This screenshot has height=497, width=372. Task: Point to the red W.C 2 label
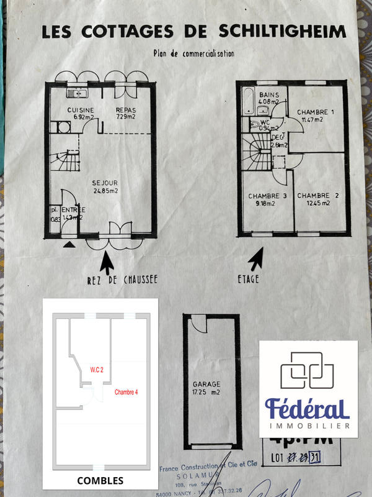pos(97,370)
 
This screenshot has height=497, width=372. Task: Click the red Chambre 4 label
pos(126,392)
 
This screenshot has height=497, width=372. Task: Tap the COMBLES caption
pos(100,480)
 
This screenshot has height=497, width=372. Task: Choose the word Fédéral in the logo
pos(308,408)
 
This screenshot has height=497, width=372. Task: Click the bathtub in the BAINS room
pos(247,101)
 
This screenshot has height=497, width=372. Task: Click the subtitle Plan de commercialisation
pos(193,54)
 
